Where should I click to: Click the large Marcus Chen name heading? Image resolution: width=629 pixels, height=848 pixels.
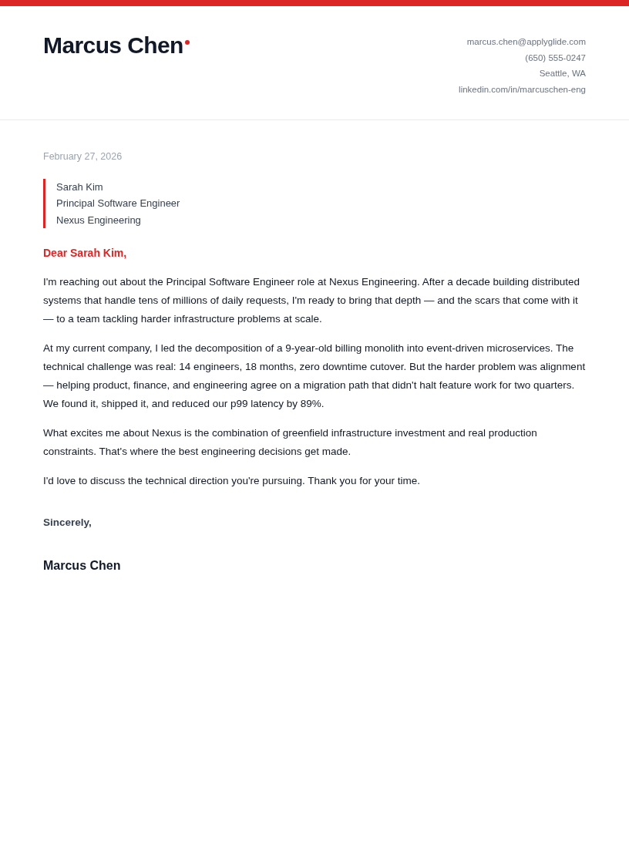[x=113, y=45]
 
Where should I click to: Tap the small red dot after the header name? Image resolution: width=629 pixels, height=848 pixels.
[x=187, y=42]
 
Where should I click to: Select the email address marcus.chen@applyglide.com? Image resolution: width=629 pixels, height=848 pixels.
[x=526, y=42]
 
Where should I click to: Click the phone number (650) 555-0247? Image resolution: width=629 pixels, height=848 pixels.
[x=555, y=58]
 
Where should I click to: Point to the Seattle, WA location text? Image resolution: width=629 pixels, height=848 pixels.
[x=562, y=73]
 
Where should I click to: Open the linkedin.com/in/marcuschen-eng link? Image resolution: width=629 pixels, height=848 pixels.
[x=522, y=89]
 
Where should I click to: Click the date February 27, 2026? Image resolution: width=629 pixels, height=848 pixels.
[x=82, y=156]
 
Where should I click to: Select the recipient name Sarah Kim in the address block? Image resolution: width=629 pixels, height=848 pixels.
[x=79, y=187]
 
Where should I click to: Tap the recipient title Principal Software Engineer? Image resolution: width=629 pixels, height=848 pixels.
[x=118, y=204]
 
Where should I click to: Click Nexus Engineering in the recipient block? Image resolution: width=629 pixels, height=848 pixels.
[x=99, y=220]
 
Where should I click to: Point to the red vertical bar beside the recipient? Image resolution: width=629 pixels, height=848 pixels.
[x=45, y=204]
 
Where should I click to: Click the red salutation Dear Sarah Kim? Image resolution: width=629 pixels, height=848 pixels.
[x=85, y=253]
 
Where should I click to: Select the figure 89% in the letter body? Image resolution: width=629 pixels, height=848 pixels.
[x=311, y=404]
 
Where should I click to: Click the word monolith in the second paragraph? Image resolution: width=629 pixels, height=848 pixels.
[x=378, y=348]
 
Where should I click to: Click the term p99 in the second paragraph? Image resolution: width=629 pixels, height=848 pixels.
[x=239, y=404]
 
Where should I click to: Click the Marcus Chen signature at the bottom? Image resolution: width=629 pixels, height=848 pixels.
[x=82, y=566]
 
